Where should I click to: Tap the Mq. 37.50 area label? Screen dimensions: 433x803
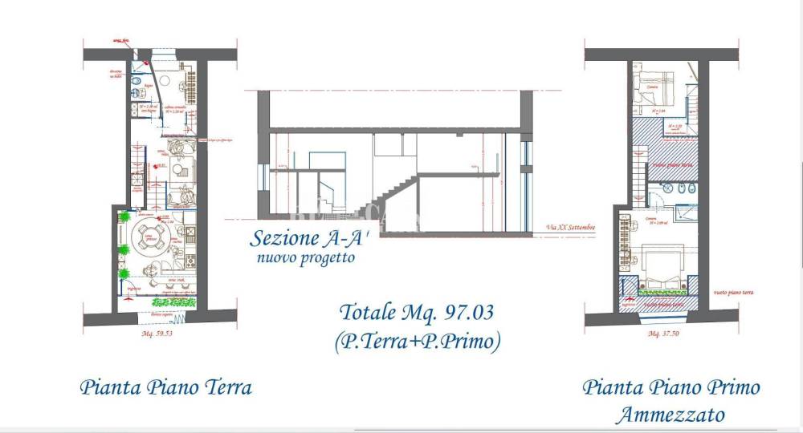tap(663, 332)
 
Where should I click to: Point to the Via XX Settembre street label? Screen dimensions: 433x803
tap(570, 228)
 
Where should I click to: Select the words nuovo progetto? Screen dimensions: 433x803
tap(305, 258)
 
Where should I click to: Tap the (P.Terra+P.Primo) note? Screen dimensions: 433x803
tap(418, 341)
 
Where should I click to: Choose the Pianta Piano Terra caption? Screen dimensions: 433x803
tap(166, 388)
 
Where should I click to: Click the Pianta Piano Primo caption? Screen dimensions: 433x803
tap(671, 388)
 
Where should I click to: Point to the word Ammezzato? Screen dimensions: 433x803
tap(671, 415)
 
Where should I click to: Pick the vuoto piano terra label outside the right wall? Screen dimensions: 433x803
tap(733, 293)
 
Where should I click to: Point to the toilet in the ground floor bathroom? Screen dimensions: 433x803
tap(138, 86)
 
